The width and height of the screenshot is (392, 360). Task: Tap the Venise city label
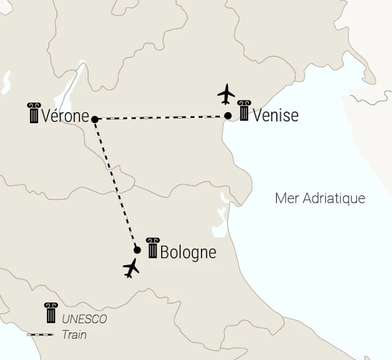coord(276,114)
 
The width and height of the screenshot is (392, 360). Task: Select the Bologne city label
coord(188,252)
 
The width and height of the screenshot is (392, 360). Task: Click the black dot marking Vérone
coord(94,119)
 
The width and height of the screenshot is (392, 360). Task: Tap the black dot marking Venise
coord(228,116)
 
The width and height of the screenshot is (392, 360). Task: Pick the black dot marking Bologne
coord(137,250)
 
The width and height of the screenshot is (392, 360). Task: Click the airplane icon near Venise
coord(227,94)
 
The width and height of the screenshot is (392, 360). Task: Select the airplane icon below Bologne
coord(131,268)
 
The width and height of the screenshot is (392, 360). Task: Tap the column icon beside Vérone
coord(33,113)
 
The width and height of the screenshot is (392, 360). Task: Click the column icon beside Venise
coord(244,111)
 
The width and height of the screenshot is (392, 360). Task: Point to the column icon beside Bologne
coord(151,247)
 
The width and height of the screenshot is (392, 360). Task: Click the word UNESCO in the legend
coord(84,319)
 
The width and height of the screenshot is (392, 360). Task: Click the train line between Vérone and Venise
coord(161,117)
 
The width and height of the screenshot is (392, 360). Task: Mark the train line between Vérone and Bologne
coord(116,184)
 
